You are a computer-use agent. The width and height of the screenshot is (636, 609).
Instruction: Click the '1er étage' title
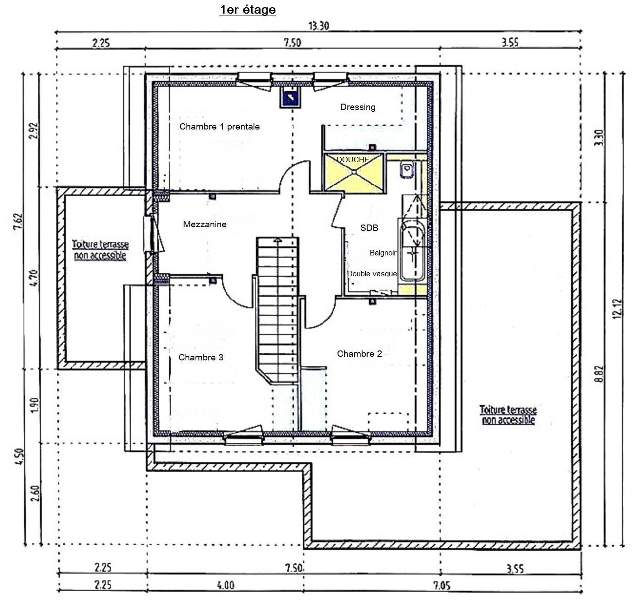pos(248,10)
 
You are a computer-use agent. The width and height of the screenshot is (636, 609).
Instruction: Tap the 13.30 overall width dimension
pos(318,26)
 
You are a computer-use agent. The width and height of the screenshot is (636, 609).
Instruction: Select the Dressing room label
pos(358,107)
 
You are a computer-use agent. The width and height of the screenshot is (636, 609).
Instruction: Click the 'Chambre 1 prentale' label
pos(219,126)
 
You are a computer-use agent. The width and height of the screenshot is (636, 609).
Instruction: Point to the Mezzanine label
pos(204,224)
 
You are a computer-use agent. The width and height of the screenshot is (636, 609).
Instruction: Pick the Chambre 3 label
pos(201,357)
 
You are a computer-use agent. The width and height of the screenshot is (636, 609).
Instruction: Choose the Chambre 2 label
pos(359,354)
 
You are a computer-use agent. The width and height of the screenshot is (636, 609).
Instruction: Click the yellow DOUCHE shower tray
pos(354,173)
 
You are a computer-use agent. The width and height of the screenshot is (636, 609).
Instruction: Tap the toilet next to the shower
pos(407,170)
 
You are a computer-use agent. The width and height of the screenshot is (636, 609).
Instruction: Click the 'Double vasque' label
pos(372,274)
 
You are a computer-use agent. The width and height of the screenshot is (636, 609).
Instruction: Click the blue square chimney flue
pos(290,97)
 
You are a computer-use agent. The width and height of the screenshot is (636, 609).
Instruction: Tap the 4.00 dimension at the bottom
pos(226,585)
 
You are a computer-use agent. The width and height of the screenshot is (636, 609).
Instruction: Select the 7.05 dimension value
pos(442,585)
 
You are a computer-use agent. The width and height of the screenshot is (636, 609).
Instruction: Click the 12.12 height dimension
pos(617,309)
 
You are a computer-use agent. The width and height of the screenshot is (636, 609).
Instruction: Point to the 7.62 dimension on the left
pos(19,221)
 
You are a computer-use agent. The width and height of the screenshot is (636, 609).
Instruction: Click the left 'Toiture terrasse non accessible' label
pos(100,250)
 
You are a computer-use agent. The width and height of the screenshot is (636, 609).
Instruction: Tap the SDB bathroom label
pos(369,228)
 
